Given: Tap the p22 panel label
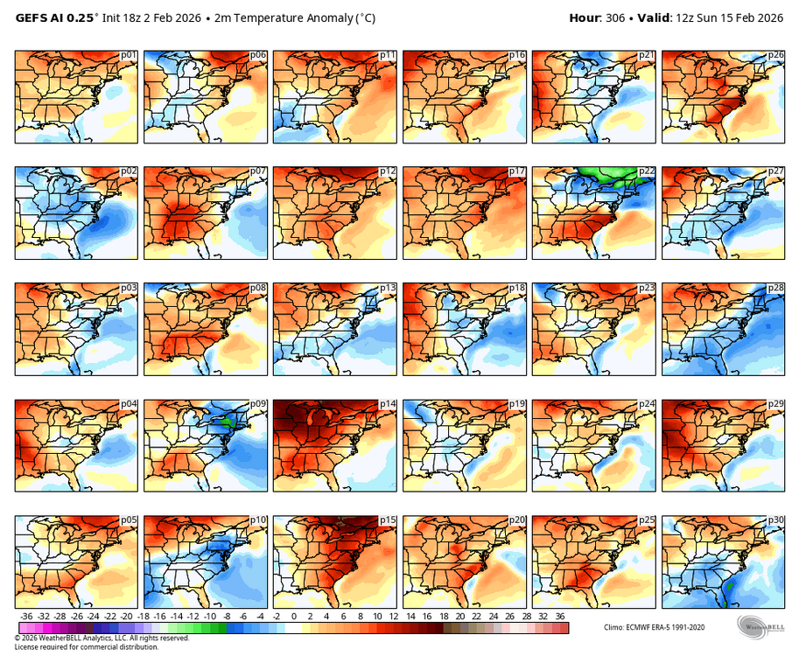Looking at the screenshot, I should pyautogui.click(x=647, y=172).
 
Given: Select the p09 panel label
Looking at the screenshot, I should pyautogui.click(x=258, y=404).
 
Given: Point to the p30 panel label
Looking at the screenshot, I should pyautogui.click(x=776, y=520).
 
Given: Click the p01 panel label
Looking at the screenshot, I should pyautogui.click(x=129, y=55).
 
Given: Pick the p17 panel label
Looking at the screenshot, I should pyautogui.click(x=517, y=172).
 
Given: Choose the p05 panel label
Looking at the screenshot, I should pyautogui.click(x=129, y=520).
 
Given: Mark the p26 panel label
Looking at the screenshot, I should pyautogui.click(x=776, y=55).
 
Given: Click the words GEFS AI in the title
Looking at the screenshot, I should pyautogui.click(x=43, y=17).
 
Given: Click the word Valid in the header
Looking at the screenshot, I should pyautogui.click(x=652, y=17).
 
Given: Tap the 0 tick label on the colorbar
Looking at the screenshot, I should pyautogui.click(x=293, y=617).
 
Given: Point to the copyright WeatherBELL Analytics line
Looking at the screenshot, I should pyautogui.click(x=102, y=638).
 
